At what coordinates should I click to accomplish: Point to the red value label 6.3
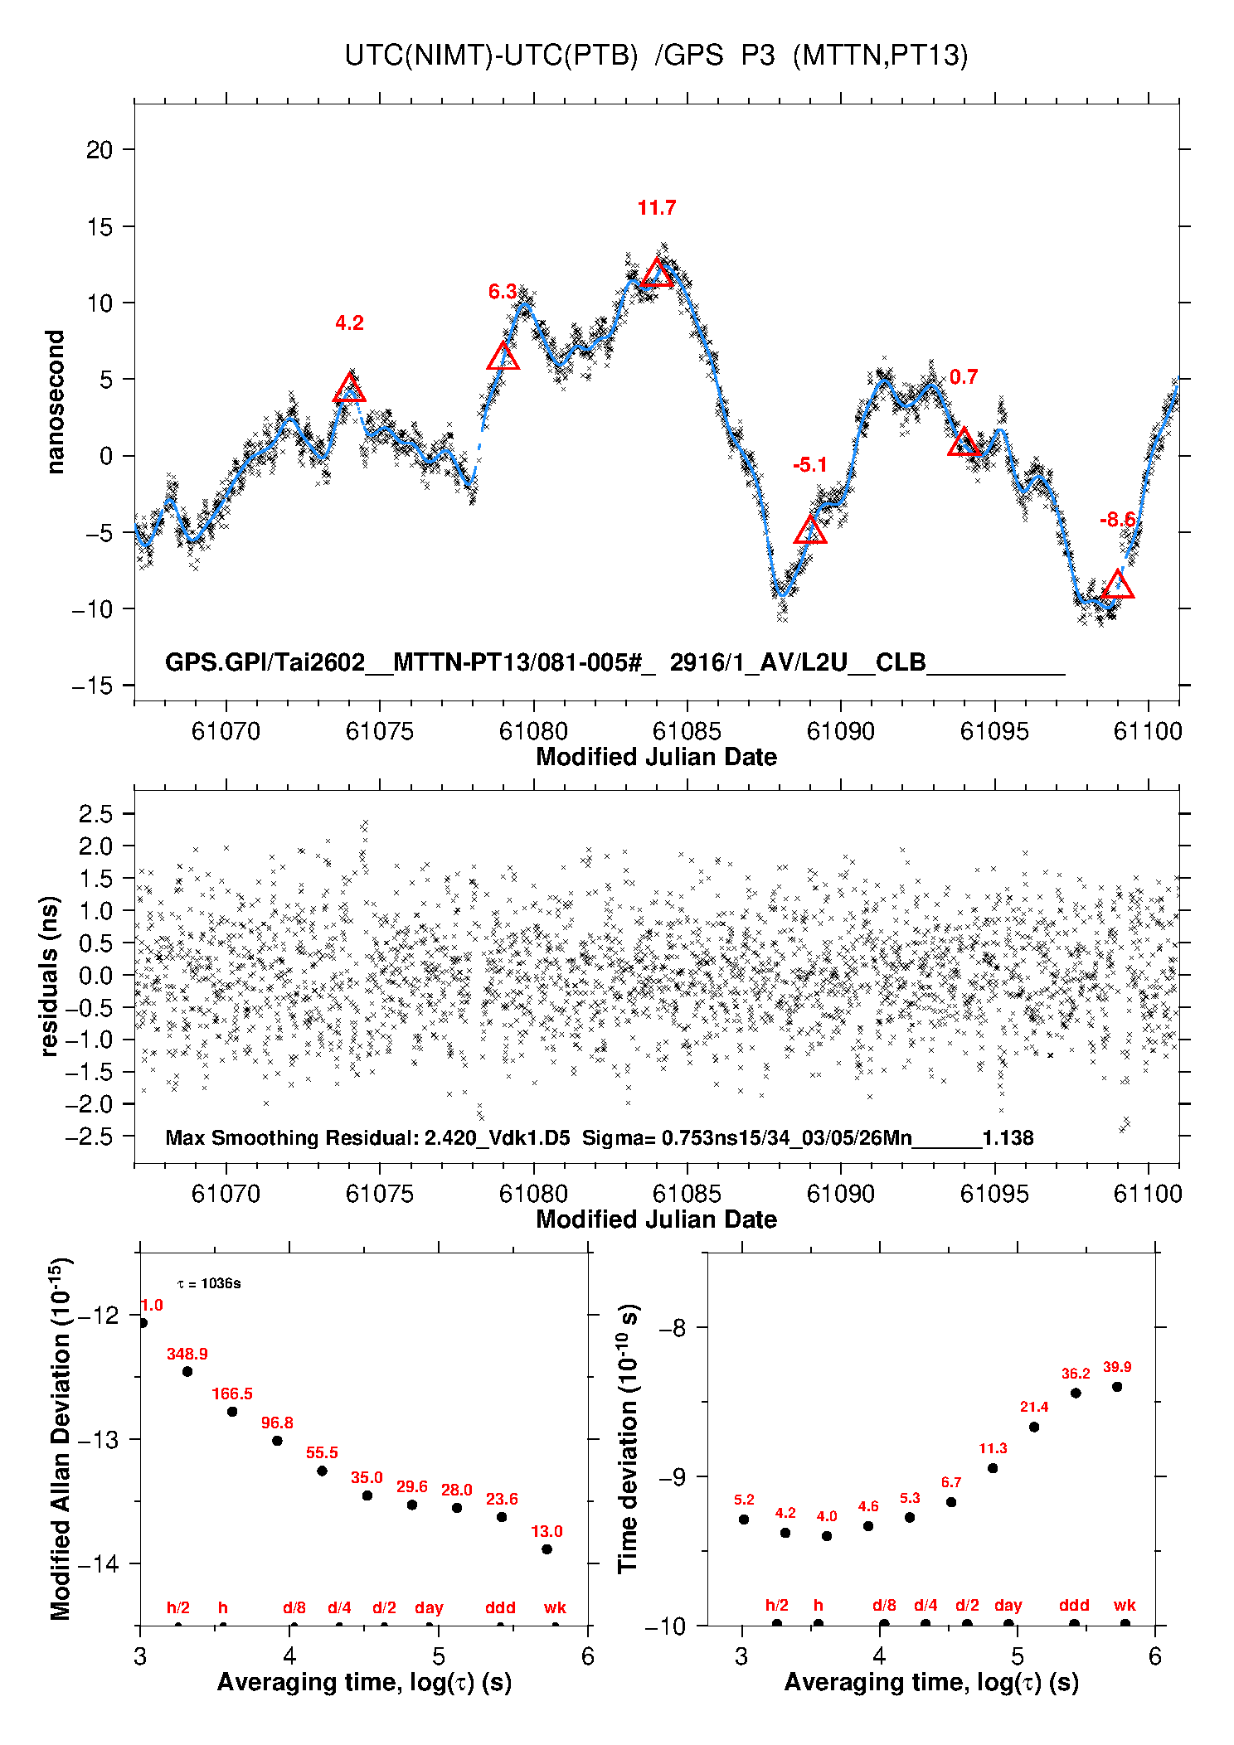coord(502,292)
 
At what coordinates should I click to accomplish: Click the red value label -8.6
coord(1117,520)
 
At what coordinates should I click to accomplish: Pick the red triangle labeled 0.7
coord(964,443)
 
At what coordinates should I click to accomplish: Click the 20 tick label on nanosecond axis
coord(100,150)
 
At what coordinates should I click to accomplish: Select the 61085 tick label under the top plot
coord(687,731)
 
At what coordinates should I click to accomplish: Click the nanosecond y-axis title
coord(55,402)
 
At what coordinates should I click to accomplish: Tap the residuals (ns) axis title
coord(50,976)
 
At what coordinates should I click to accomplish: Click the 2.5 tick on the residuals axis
coord(96,814)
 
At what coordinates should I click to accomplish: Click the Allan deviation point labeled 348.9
coord(187,1371)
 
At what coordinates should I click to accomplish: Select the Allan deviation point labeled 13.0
coord(547,1549)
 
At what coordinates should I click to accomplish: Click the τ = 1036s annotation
coord(209,1283)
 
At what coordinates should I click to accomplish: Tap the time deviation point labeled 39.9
coord(1117,1386)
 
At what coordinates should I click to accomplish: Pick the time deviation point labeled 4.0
coord(827,1535)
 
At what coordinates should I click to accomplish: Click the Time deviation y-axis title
coord(628,1438)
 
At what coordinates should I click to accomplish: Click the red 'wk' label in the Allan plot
coord(555,1607)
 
